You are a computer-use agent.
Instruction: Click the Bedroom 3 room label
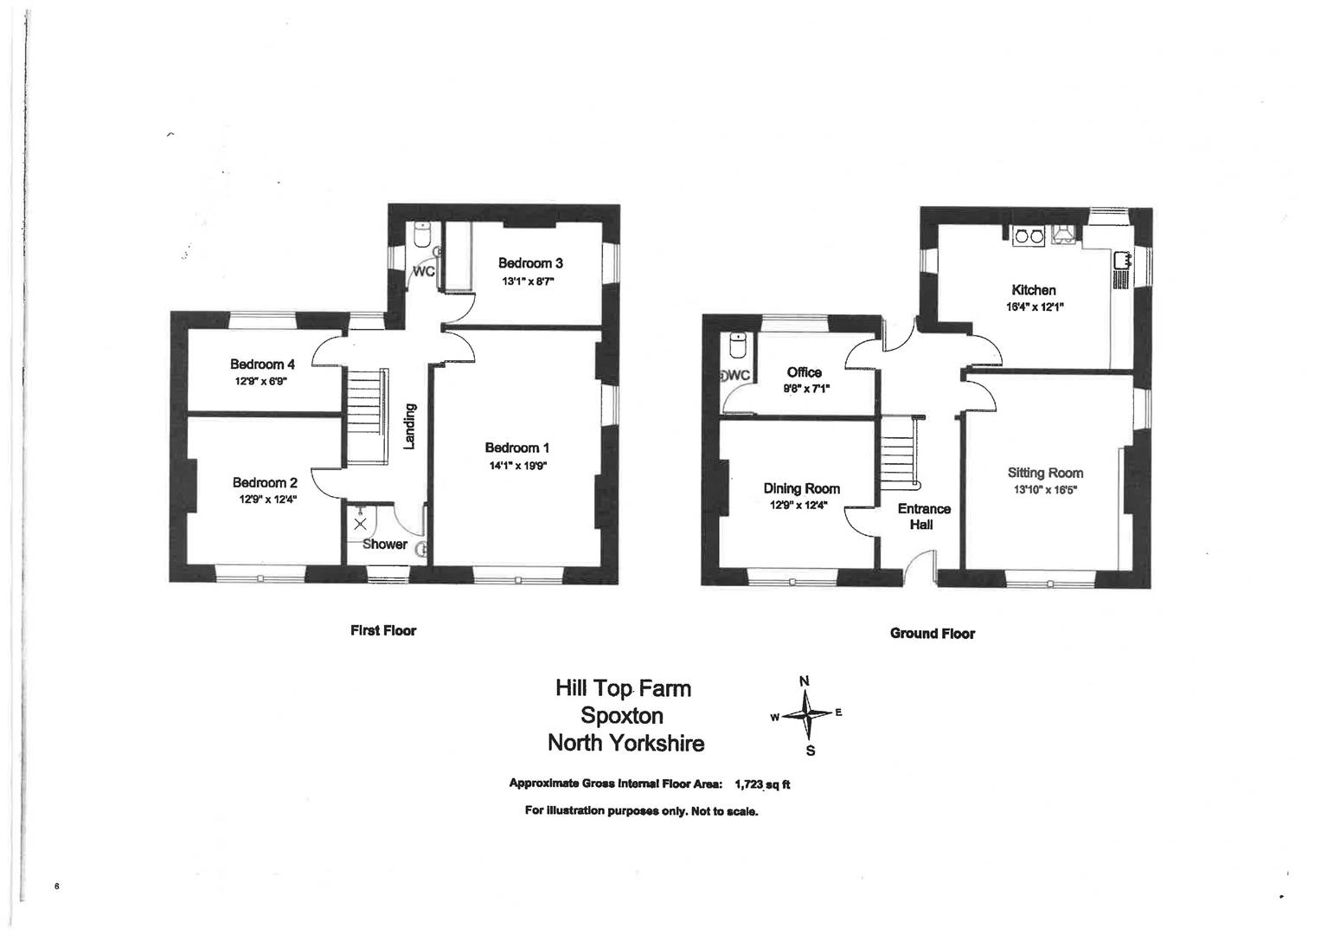[530, 263]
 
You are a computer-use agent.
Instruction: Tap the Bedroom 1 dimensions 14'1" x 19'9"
[516, 466]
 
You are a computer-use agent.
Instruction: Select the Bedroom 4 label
[262, 364]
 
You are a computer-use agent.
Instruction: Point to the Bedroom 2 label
[265, 483]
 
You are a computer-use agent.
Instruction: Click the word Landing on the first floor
[410, 426]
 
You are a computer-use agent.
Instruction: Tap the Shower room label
[385, 545]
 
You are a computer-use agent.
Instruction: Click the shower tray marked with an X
[360, 524]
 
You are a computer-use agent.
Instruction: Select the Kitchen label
[1034, 290]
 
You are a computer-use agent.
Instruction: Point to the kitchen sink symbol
[1123, 259]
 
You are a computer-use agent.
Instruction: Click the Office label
[805, 372]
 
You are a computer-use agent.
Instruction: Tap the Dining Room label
[801, 488]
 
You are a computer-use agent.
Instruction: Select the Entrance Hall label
[923, 516]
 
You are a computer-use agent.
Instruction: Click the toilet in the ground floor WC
[738, 345]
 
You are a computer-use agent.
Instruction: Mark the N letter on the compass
[804, 680]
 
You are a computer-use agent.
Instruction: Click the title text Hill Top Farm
[623, 688]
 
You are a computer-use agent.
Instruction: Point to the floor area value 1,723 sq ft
[762, 784]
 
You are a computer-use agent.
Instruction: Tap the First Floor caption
[382, 630]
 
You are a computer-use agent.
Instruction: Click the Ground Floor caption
[932, 634]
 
